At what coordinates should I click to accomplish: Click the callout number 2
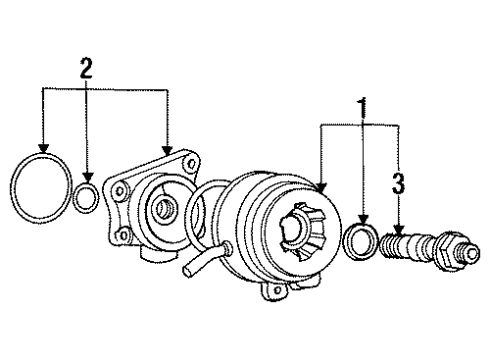tap(86, 68)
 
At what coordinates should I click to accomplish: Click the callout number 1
tap(362, 107)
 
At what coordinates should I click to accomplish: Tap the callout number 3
tap(398, 183)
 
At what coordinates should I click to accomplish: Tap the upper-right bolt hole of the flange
tap(192, 164)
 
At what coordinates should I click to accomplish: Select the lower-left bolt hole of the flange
tap(123, 235)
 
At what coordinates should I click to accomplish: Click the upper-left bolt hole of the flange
tap(120, 191)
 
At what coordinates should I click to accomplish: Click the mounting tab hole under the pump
tap(277, 291)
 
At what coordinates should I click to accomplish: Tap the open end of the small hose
tap(188, 271)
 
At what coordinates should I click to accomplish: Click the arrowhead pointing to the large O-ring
tap(43, 148)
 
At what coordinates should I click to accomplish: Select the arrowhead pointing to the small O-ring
tap(88, 177)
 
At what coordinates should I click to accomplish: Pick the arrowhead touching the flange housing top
tap(167, 151)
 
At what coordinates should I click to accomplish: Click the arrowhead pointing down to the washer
tap(363, 219)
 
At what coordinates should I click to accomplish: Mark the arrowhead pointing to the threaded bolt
tap(399, 229)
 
